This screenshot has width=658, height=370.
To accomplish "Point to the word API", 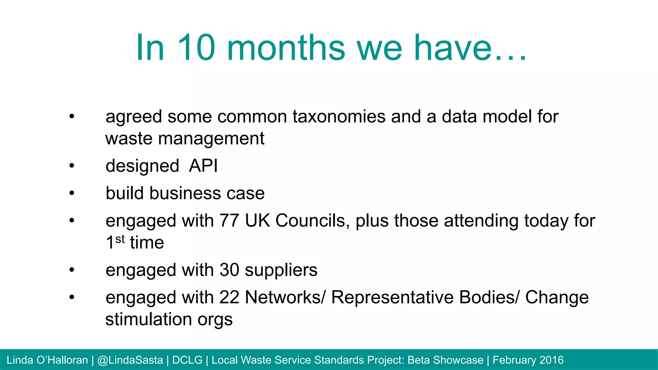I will [x=203, y=166].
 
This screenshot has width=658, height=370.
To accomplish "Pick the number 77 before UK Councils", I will [x=229, y=221].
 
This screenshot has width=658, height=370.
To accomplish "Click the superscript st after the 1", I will [x=120, y=239].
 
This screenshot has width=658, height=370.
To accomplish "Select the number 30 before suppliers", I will [x=229, y=270].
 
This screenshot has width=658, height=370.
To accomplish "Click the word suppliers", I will [x=281, y=270].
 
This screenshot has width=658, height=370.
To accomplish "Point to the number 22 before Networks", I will [x=229, y=297].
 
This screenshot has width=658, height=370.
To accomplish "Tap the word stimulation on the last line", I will [x=149, y=319].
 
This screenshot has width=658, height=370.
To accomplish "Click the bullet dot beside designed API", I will [x=72, y=166].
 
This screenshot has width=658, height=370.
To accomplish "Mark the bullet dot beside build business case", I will [x=72, y=193].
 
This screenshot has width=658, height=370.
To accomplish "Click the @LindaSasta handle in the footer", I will [x=130, y=360].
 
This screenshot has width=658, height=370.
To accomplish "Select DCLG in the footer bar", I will [x=187, y=360].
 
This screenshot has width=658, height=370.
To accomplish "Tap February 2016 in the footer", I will [x=528, y=360].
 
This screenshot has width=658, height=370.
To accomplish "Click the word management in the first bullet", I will [x=211, y=138].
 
